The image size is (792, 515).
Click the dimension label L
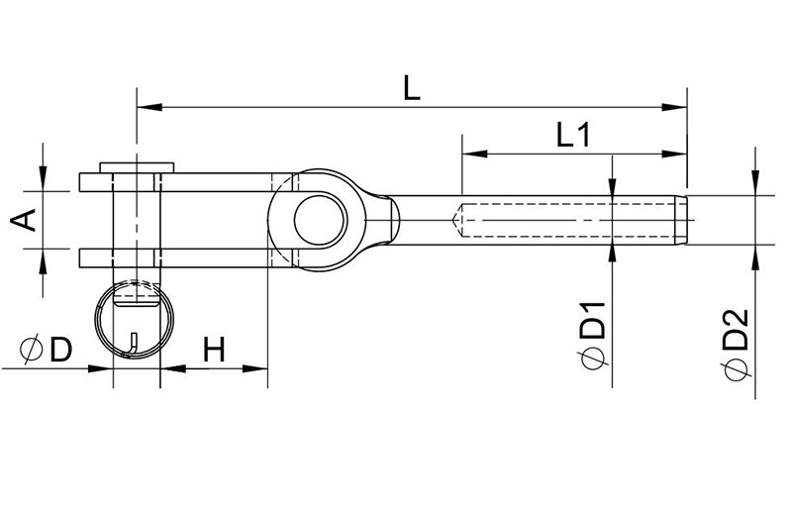[x=412, y=87]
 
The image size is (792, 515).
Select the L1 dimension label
[x=573, y=135]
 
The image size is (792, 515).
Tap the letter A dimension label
[x=24, y=220]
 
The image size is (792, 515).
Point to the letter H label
[x=214, y=350]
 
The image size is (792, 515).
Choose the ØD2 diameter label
[x=735, y=344]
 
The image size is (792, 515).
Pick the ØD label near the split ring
[x=46, y=350]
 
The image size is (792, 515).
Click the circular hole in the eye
[x=320, y=220]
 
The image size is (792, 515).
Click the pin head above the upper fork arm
[x=137, y=167]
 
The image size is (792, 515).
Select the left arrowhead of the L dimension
[x=149, y=107]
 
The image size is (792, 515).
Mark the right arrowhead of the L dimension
[x=674, y=107]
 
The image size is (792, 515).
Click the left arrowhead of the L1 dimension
[x=475, y=154]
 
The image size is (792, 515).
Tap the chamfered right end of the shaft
[x=681, y=220]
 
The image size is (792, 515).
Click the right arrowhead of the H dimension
[x=255, y=368]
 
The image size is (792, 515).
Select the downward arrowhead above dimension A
[x=43, y=179]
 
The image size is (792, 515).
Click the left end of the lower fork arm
[x=80, y=257]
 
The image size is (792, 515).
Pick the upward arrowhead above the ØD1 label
[x=612, y=257]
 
